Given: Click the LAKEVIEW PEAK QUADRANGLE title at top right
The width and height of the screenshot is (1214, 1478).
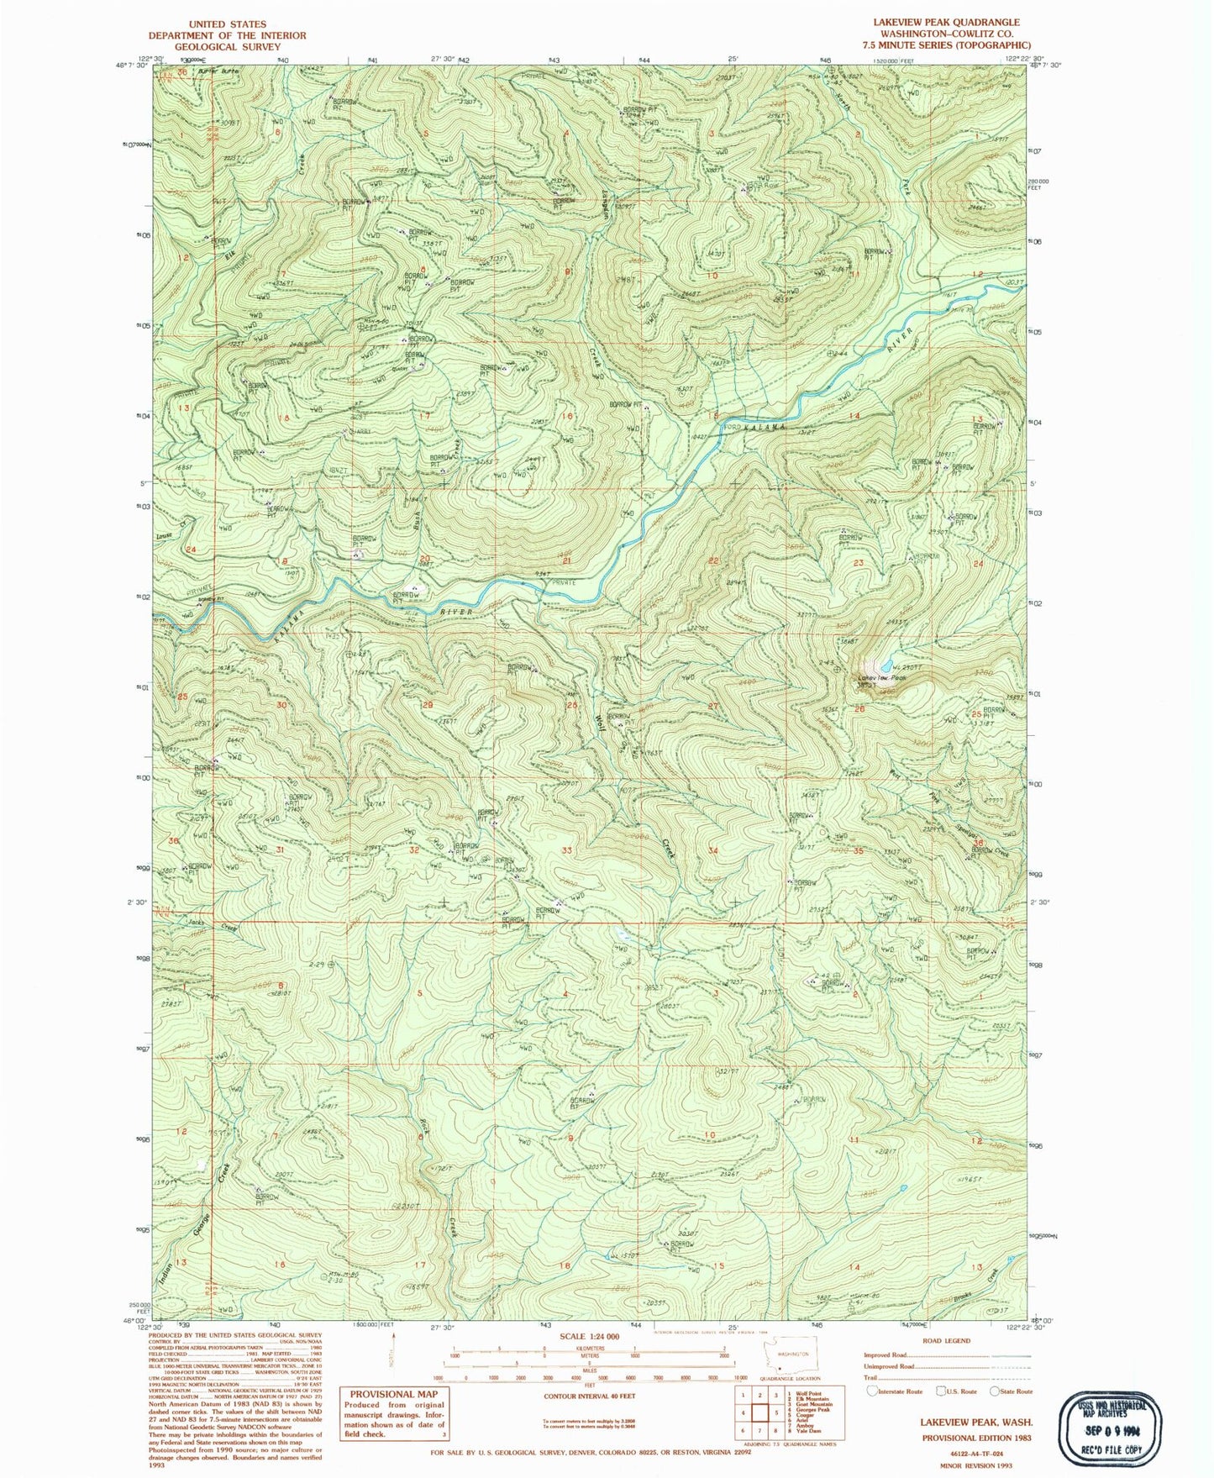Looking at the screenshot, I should coord(946,23).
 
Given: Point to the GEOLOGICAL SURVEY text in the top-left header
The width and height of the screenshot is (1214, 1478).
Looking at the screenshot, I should coord(227,47).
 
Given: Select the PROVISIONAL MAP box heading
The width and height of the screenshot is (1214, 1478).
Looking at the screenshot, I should coord(394,1394).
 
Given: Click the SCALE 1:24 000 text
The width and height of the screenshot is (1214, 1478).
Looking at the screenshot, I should coord(589,1337).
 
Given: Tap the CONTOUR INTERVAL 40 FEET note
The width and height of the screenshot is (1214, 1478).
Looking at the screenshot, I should coord(589,1396).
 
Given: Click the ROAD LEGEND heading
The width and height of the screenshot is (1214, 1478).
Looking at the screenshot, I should coord(946,1341).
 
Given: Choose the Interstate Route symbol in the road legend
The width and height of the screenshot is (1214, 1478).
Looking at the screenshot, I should coord(874,1391).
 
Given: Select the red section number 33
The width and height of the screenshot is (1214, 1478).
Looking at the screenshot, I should coord(567,850).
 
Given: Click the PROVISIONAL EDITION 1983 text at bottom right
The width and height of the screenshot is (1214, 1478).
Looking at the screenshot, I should coord(975,1438).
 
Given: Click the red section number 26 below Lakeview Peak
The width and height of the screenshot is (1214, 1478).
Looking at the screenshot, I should coord(859,709).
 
